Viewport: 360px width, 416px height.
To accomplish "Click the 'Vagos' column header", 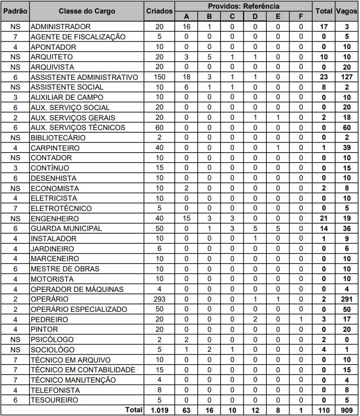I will [x=347, y=11].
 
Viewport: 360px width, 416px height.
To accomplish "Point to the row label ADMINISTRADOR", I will [x=60, y=26].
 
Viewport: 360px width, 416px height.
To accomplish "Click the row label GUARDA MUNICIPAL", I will [x=66, y=228].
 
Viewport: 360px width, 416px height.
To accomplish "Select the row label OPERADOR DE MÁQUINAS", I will [x=77, y=289].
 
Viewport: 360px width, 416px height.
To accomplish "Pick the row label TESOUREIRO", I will [x=54, y=400].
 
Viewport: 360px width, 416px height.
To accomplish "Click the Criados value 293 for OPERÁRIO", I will [x=159, y=299].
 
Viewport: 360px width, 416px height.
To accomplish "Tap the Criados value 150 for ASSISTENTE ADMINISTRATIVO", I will [x=159, y=77].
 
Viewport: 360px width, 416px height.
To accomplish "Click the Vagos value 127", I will [x=347, y=77].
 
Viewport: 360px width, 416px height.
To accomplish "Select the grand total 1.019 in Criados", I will [x=159, y=411].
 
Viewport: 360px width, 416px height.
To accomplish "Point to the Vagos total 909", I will [x=347, y=411].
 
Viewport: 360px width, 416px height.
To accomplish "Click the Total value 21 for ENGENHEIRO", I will [x=324, y=219].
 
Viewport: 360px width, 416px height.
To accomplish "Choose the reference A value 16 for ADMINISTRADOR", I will [x=186, y=26].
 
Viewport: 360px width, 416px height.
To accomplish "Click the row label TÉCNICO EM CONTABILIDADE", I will [x=82, y=370].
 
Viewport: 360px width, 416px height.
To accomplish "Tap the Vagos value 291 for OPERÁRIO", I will [x=347, y=299].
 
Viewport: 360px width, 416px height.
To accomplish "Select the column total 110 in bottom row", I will [x=324, y=411].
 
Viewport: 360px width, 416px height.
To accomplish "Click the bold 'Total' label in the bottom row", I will [x=134, y=411].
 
